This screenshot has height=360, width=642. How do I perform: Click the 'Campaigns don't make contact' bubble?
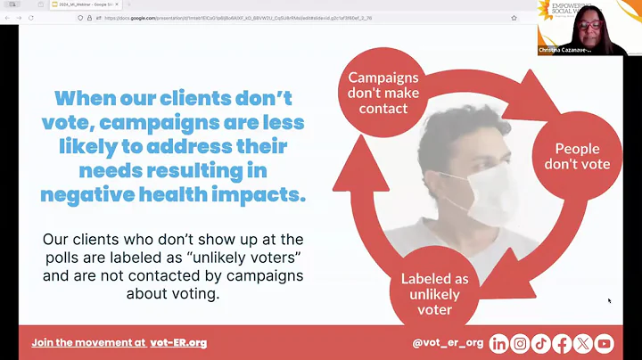383,94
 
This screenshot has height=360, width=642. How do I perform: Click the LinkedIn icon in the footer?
499,343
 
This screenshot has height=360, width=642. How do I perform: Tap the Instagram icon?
520,343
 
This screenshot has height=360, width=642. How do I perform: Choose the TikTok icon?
540,343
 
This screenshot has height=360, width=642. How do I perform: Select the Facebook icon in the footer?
562,343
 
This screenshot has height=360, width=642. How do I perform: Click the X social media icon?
583,343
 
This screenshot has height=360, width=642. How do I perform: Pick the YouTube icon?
605,343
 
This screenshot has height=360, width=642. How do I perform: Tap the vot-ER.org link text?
179,342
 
